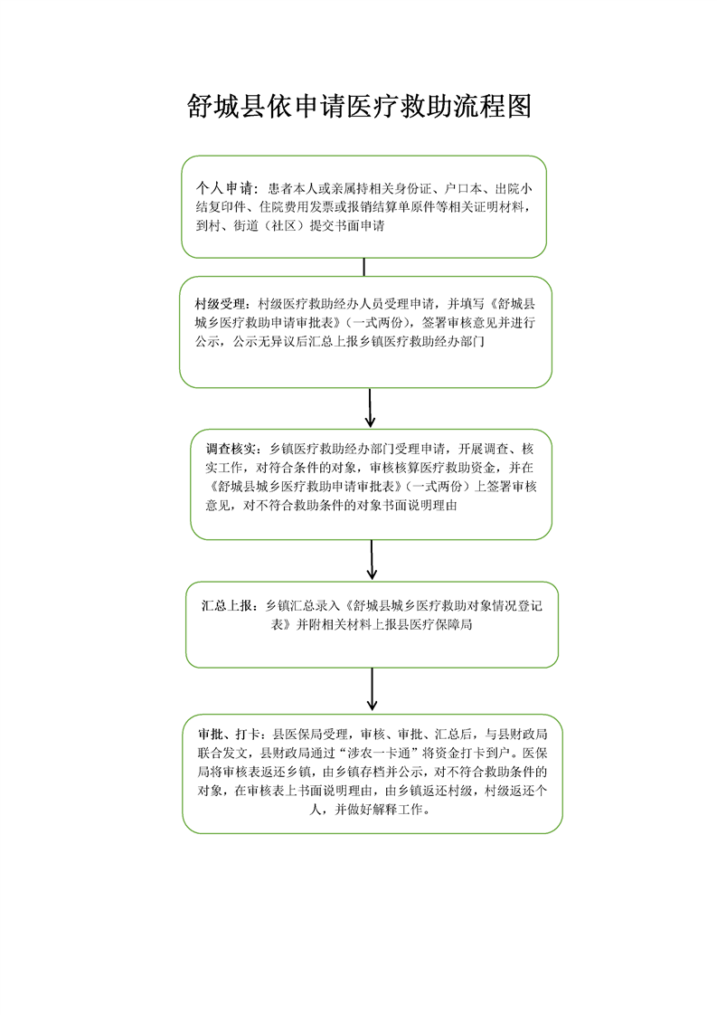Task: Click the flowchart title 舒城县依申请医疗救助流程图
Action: point(358,107)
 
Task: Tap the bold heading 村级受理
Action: point(220,303)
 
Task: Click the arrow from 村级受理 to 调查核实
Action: point(370,408)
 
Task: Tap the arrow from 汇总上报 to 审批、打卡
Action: point(372,689)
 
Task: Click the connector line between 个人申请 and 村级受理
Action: point(363,267)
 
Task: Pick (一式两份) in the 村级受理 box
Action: point(376,322)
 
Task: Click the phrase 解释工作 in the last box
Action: point(401,810)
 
